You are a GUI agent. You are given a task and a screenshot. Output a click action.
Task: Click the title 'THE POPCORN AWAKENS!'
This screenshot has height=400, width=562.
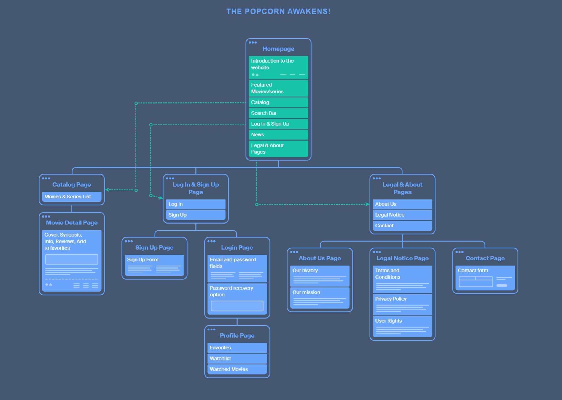tap(278, 11)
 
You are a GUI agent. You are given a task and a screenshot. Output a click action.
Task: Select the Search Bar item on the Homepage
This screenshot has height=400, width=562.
tap(278, 113)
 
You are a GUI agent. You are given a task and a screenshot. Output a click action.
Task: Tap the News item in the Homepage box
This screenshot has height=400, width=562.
tap(278, 135)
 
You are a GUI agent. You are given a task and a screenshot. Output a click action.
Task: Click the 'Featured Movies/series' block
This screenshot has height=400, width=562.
tap(278, 88)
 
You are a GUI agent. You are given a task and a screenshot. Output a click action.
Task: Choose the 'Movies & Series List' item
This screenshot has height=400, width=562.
tap(72, 197)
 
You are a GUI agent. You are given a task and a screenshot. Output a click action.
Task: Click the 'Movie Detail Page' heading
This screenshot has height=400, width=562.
tap(72, 223)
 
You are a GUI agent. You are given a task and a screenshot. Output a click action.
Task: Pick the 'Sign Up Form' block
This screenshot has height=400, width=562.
tap(154, 265)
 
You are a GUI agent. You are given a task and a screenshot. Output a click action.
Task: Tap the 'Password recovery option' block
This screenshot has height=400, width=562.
tap(237, 299)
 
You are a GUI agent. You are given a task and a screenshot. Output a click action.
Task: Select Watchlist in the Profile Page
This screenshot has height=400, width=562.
tap(237, 359)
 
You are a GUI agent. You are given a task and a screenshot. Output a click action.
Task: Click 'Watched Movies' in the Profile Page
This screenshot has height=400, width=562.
tap(237, 369)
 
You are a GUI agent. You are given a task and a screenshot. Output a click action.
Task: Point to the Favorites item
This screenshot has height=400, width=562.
tap(237, 348)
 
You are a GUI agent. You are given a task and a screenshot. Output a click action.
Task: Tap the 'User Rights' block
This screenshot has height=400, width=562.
tap(402, 327)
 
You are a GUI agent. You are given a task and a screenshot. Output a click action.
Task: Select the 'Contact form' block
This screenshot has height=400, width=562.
tap(485, 278)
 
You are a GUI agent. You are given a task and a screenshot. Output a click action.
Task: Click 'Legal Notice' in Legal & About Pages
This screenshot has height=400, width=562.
tap(402, 215)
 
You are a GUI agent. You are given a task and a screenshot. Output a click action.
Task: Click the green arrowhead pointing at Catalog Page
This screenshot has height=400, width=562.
tap(107, 190)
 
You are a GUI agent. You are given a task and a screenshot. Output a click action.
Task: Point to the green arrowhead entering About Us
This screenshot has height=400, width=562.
tap(367, 204)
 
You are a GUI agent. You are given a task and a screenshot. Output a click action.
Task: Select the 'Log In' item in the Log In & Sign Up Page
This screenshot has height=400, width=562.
tap(196, 204)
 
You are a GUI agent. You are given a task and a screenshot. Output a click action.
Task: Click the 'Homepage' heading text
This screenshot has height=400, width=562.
tap(278, 49)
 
